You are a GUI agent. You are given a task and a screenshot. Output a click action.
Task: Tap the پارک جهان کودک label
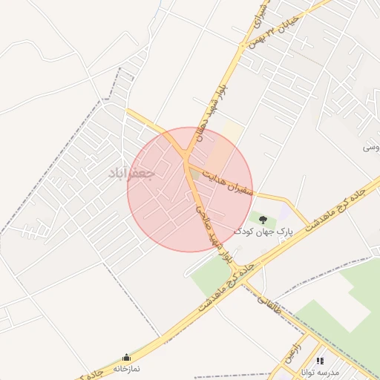point(264,232)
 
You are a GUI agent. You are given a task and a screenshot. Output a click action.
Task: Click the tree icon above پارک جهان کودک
point(263,218)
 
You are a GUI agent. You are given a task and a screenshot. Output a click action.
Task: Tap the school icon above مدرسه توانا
point(321,360)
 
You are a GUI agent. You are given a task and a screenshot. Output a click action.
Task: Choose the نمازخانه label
point(126,368)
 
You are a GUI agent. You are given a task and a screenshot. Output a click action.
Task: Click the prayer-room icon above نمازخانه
point(126,357)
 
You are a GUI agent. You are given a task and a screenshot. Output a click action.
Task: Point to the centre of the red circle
point(190,190)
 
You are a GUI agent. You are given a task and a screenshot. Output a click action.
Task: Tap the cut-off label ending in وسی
point(370,148)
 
